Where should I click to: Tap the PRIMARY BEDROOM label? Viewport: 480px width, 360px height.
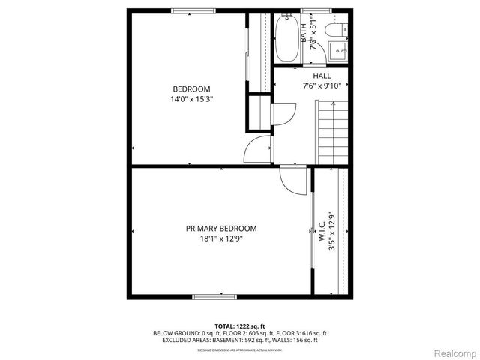(221, 229)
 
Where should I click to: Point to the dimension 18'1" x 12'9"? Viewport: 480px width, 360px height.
(221, 239)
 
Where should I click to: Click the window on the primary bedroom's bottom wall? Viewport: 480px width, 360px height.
(217, 297)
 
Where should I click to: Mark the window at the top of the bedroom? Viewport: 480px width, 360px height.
(193, 10)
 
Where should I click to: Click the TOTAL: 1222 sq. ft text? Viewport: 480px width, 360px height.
(240, 325)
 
